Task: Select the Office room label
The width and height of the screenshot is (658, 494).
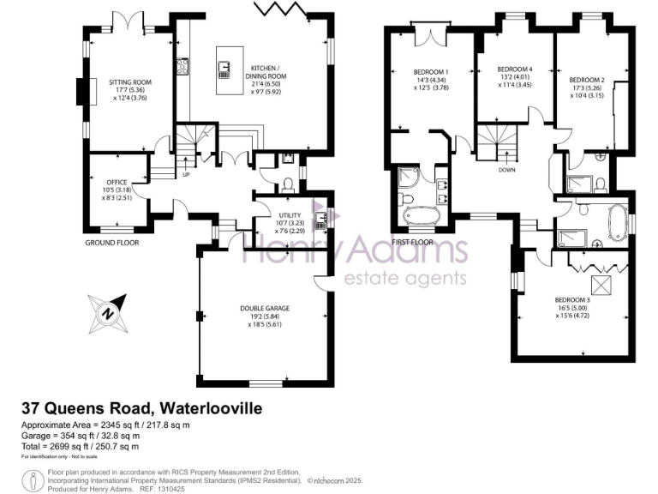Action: pyautogui.click(x=117, y=183)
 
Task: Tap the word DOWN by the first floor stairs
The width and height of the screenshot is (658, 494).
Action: pyautogui.click(x=505, y=170)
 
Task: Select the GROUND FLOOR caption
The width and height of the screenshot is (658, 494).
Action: pyautogui.click(x=112, y=243)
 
